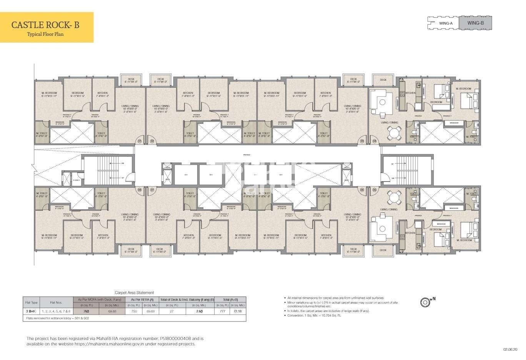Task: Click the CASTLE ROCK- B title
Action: pos(45,25)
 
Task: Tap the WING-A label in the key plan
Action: pos(446,23)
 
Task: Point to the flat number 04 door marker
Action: pos(375,141)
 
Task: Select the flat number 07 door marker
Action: pos(152,190)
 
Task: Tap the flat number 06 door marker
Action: pos(362,190)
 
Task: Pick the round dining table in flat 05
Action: pos(394,198)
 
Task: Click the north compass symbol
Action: pos(425,302)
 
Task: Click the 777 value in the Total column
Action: pos(222,311)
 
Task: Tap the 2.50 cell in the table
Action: pos(199,311)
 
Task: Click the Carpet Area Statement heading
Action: pos(134,293)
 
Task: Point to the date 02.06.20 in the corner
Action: pos(511,349)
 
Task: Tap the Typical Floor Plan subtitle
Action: pos(45,34)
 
